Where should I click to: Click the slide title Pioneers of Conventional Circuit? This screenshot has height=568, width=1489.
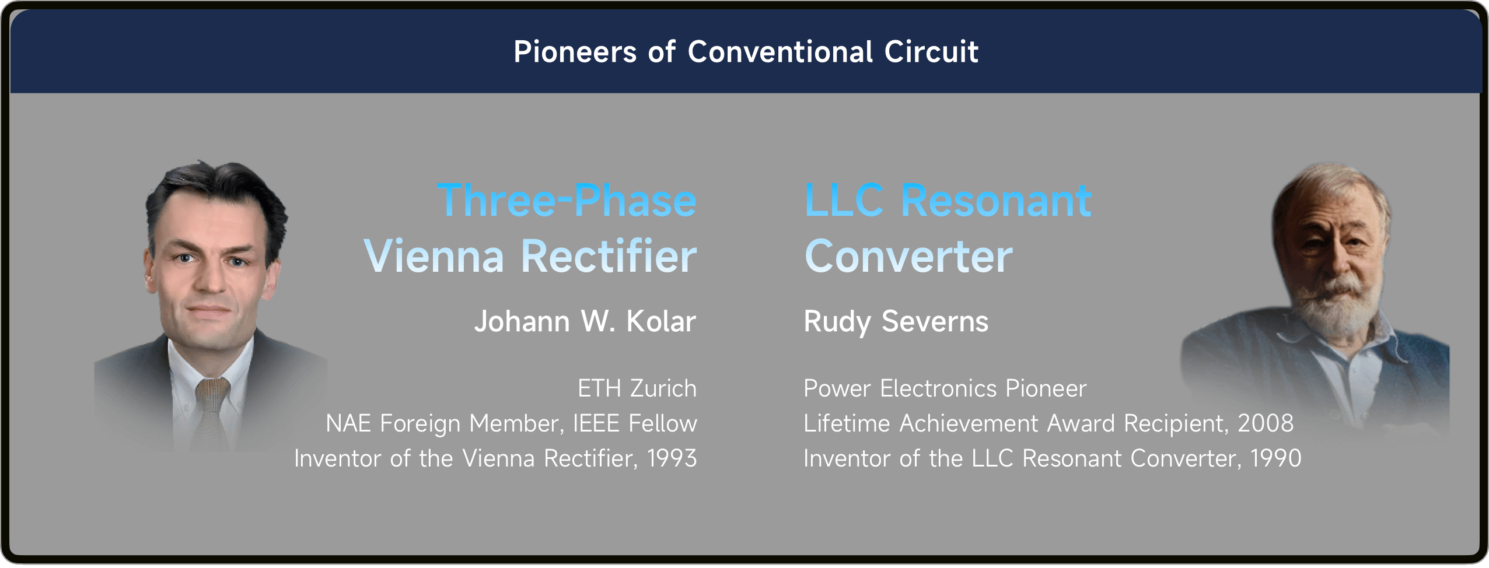click(746, 52)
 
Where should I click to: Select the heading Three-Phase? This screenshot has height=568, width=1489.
click(567, 201)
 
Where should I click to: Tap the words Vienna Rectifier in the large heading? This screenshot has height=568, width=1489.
click(530, 256)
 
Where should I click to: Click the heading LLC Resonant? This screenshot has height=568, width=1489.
click(948, 201)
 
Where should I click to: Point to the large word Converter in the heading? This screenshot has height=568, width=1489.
click(908, 257)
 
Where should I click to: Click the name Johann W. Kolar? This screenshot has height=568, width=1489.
click(585, 321)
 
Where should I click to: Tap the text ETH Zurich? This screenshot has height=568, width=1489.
click(637, 388)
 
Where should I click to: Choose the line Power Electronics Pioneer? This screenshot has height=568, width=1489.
click(945, 388)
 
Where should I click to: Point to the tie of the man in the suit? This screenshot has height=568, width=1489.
click(210, 411)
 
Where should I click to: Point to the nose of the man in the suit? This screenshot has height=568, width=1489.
click(210, 277)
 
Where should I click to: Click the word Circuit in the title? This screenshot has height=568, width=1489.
click(931, 52)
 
